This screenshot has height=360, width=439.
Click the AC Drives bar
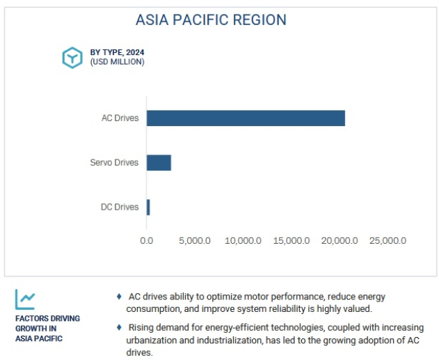(x=246, y=118)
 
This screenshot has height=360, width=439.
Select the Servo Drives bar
(x=159, y=163)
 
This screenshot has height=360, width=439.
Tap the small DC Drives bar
(x=148, y=208)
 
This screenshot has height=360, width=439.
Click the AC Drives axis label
(x=120, y=118)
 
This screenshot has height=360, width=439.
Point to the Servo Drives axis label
(x=114, y=162)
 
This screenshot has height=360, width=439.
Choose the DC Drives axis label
(x=120, y=207)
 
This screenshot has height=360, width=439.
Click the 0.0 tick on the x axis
(x=146, y=241)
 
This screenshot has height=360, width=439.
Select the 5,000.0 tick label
(x=195, y=241)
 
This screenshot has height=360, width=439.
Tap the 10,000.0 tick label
(x=243, y=241)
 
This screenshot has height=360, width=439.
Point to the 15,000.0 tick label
(x=292, y=241)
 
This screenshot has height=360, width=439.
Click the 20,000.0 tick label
(x=340, y=241)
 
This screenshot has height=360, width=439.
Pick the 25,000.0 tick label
(x=388, y=241)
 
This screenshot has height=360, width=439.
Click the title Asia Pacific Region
(x=211, y=20)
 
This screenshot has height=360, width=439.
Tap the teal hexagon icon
(x=72, y=58)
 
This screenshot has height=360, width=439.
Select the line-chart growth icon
(x=25, y=299)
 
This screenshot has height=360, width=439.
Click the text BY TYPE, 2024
(x=117, y=52)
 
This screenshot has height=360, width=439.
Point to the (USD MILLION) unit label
(x=117, y=62)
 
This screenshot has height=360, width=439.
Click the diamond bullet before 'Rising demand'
(x=119, y=327)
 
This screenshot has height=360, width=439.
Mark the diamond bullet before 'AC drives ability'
(x=119, y=296)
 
